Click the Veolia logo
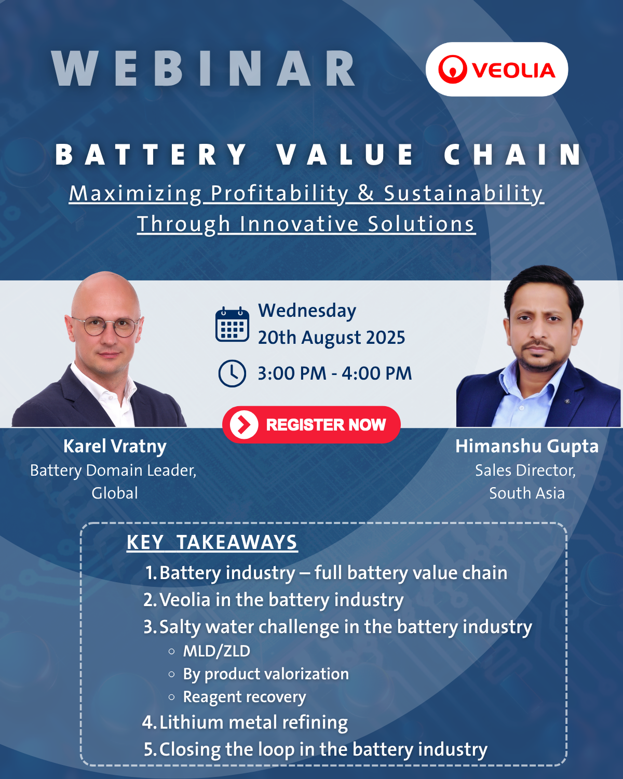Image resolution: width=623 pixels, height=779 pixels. point(497,69)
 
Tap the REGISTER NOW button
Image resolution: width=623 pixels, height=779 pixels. point(311,425)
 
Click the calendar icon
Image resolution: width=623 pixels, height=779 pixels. point(232,325)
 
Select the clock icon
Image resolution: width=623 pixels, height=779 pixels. point(232,373)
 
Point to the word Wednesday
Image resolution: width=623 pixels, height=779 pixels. point(307,311)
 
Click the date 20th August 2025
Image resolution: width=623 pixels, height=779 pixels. point(331,338)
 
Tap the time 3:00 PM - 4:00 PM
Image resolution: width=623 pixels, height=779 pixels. point(334,373)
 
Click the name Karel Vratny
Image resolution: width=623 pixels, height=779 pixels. point(115,447)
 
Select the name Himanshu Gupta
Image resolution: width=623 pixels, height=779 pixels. point(527,446)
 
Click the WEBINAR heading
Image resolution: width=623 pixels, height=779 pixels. point(203,69)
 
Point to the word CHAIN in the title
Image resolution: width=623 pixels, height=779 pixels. point(512,155)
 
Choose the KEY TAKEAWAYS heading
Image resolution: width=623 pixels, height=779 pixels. point(212,542)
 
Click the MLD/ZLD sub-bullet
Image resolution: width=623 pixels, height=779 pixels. point(216,651)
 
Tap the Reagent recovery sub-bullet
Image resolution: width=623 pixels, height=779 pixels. point(245,697)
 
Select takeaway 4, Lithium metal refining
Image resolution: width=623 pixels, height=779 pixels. point(245,722)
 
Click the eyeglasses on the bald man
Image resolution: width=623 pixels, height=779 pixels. point(106,326)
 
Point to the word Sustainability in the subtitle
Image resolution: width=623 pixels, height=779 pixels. point(464,193)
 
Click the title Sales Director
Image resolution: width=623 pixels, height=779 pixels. point(525,471)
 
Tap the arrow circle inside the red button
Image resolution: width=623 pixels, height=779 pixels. point(243,425)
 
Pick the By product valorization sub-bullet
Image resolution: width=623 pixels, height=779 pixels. point(266,674)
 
